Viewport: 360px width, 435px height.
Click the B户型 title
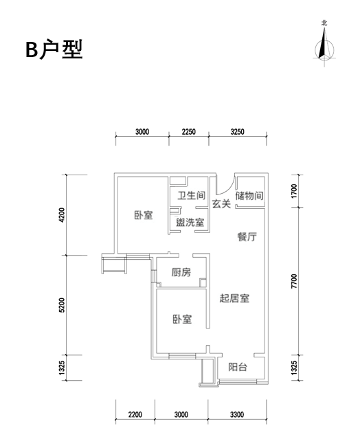tap(54, 49)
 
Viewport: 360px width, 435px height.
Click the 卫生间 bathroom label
tap(192, 196)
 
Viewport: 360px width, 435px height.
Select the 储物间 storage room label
tap(249, 196)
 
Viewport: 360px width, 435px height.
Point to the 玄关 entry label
tap(221, 204)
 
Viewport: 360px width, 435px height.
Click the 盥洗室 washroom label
tap(190, 222)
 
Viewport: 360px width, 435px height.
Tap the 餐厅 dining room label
tap(247, 237)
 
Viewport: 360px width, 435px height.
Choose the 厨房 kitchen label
tap(181, 272)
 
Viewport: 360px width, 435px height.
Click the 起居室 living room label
tap(234, 298)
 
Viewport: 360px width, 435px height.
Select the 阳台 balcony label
tap(238, 367)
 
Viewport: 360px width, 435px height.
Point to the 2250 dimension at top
tap(189, 131)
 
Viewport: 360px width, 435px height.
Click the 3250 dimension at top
tap(238, 131)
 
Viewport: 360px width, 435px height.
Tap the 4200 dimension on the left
tap(62, 215)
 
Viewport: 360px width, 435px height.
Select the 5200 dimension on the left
tap(62, 305)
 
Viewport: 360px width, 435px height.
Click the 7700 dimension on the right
tap(294, 281)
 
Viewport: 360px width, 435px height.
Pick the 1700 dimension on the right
tap(294, 191)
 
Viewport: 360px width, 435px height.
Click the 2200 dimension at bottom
tap(135, 415)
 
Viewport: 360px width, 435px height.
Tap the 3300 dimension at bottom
tap(237, 415)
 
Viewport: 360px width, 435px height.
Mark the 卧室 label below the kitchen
tap(182, 319)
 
